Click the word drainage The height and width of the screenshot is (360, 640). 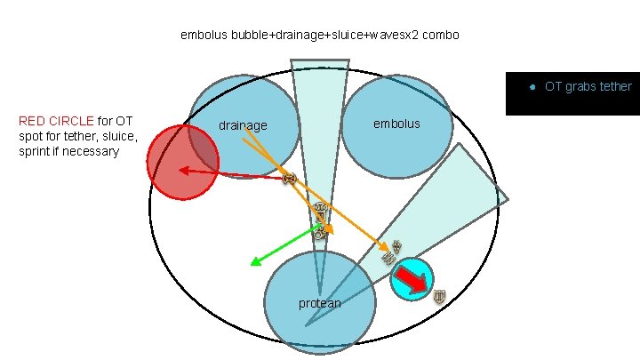click(243, 126)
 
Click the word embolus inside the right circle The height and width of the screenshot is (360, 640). click(396, 123)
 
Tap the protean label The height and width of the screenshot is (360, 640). click(319, 304)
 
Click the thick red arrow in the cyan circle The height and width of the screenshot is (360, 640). click(412, 281)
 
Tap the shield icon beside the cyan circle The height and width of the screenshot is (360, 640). click(439, 297)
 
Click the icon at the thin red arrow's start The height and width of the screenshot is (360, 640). click(289, 179)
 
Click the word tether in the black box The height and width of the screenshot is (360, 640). click(613, 87)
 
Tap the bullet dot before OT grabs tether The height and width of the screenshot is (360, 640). click(531, 87)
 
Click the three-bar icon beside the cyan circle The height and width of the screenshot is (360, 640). click(388, 259)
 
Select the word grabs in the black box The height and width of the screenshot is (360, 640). click(579, 87)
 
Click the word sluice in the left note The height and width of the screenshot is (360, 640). click(116, 136)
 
